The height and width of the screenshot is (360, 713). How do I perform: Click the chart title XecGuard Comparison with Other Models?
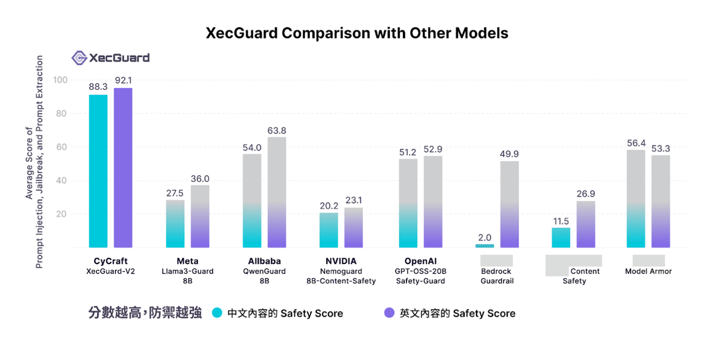[x=356, y=33]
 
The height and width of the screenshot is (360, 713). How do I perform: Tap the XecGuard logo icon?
[x=79, y=58]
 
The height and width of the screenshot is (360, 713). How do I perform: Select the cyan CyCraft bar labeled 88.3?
[x=98, y=171]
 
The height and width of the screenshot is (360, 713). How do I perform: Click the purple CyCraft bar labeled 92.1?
[x=123, y=168]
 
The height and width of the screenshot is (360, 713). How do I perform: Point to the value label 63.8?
[x=276, y=130]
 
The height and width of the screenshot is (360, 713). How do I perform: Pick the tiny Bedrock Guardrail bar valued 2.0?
[x=484, y=246]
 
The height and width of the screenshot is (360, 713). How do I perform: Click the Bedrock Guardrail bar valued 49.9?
[x=509, y=204]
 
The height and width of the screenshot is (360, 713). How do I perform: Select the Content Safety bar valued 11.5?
[x=561, y=238]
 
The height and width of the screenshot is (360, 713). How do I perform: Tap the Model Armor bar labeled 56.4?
[x=636, y=198]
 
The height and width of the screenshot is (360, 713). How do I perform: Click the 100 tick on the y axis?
[x=60, y=80]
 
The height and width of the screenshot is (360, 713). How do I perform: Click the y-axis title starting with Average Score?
[x=34, y=162]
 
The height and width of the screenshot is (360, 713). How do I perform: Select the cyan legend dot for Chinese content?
[x=217, y=313]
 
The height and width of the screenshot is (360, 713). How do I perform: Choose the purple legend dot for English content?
[x=389, y=313]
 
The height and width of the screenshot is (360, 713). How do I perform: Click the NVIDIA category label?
[x=341, y=261]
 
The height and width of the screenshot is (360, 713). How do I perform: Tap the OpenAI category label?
[x=420, y=261]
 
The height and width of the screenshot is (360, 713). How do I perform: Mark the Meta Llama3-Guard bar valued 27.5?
[x=175, y=224]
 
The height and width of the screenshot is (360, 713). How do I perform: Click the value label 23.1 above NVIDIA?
[x=354, y=200]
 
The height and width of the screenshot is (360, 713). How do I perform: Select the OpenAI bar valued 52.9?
[x=433, y=202]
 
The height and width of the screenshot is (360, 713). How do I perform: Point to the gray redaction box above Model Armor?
[x=648, y=260]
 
